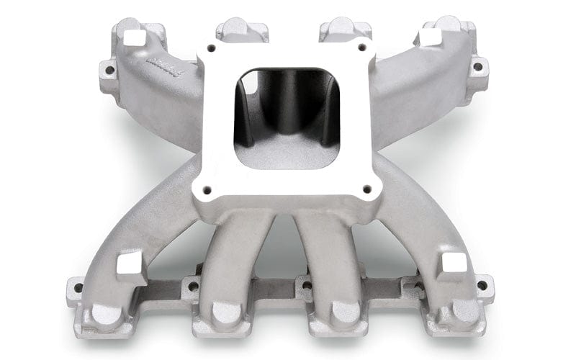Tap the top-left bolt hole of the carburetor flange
[x=211, y=50]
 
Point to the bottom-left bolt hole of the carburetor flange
[x=207, y=191]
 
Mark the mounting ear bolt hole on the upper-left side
[x=109, y=71]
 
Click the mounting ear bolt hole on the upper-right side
[x=477, y=67]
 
